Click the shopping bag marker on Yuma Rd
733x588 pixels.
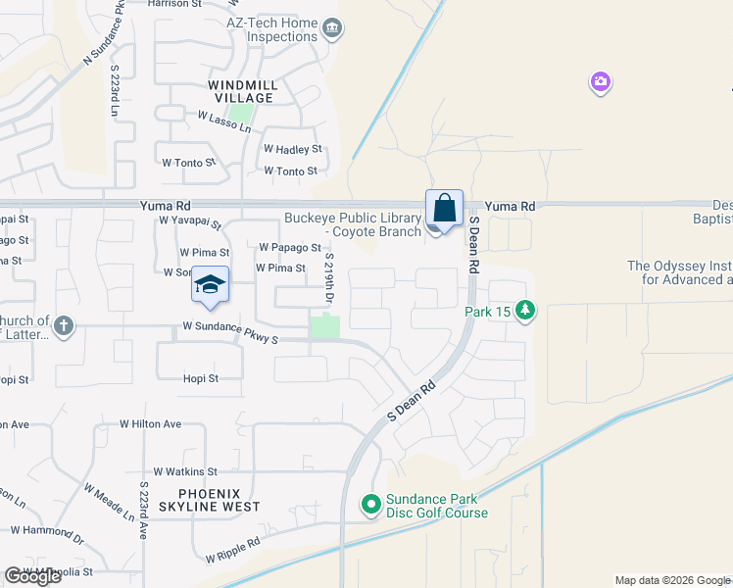click(444, 209)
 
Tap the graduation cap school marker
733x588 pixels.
click(210, 285)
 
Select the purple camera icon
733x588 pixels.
click(601, 82)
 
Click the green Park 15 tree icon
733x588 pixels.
click(526, 311)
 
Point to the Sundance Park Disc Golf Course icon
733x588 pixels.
click(370, 505)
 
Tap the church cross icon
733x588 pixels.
click(64, 326)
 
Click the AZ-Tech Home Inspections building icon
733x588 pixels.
click(332, 29)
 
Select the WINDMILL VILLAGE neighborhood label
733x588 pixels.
click(243, 91)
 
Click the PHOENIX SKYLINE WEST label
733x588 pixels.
click(206, 499)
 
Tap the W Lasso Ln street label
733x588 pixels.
click(224, 121)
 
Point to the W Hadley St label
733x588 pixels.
click(293, 149)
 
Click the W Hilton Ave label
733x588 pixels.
click(151, 424)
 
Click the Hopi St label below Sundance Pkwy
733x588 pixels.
click(200, 378)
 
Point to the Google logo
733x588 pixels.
click(32, 576)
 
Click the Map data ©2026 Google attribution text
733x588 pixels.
click(671, 580)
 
